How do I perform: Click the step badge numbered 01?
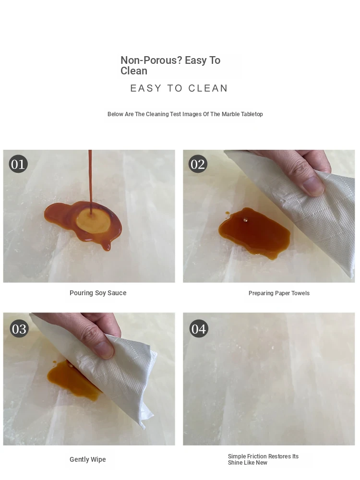18,164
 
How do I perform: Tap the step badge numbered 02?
198,164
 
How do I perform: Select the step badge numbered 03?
19,329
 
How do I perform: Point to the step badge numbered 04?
199,329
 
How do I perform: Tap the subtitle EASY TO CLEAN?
179,88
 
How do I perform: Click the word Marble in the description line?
230,114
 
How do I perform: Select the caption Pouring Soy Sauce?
98,293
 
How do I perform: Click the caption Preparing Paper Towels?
279,293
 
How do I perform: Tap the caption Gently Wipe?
87,459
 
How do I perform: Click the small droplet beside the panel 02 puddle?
227,213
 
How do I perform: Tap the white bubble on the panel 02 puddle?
245,219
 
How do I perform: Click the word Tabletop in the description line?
252,114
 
